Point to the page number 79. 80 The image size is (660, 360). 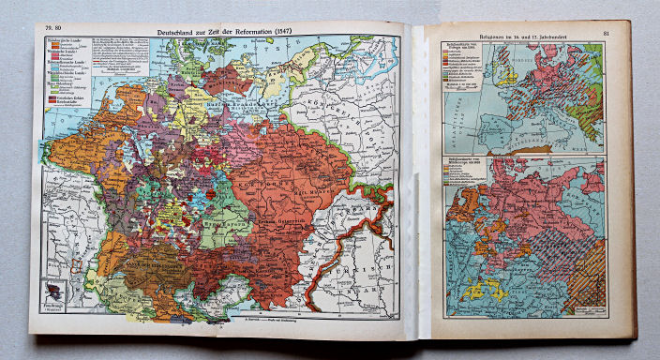point(44,30)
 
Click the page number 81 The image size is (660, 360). point(607,35)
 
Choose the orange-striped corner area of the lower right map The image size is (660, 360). point(588,291)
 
